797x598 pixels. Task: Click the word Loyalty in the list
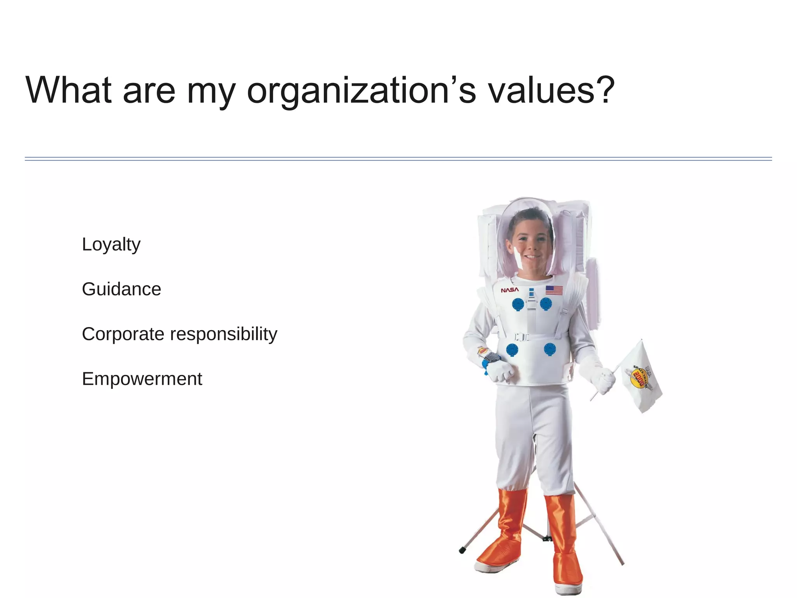(x=111, y=245)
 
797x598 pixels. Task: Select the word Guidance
(x=121, y=289)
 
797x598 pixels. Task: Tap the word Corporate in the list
(x=123, y=334)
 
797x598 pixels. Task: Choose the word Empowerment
(x=142, y=379)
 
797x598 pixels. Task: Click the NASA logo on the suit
(x=509, y=290)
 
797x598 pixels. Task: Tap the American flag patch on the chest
(x=554, y=290)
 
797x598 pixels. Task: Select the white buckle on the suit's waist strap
(x=521, y=337)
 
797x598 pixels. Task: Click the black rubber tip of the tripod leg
(x=462, y=550)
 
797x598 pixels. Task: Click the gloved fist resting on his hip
(x=500, y=371)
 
